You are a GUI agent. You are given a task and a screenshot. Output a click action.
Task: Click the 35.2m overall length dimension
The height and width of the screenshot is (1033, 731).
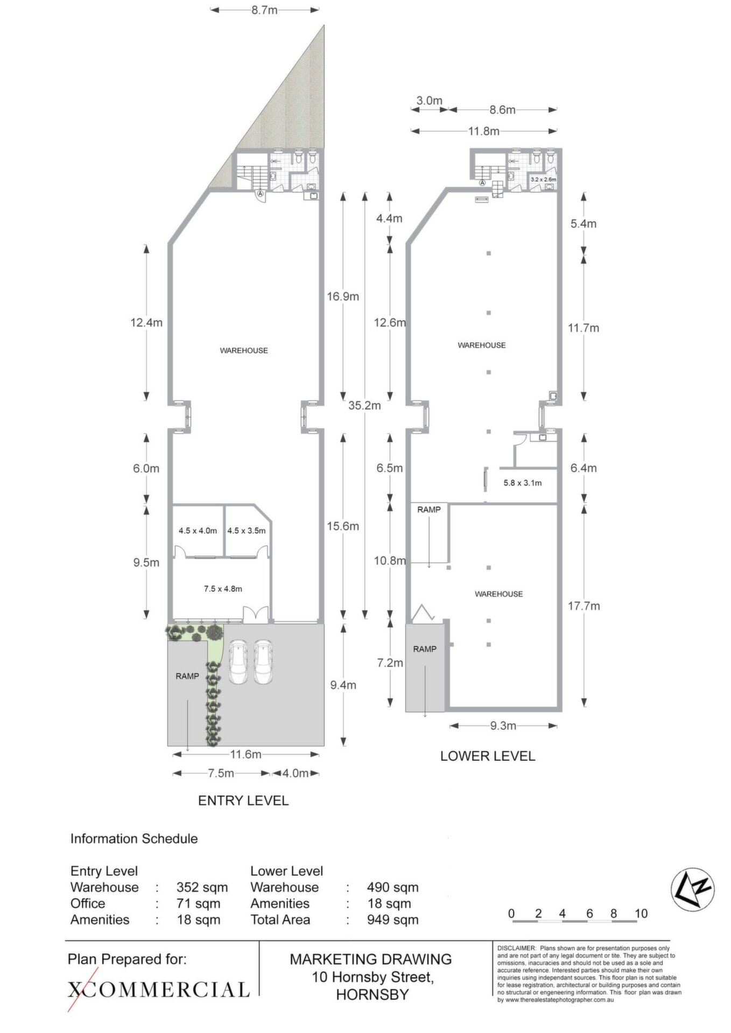(364, 405)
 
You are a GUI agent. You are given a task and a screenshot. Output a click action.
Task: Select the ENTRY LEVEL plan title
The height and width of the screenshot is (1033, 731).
(243, 800)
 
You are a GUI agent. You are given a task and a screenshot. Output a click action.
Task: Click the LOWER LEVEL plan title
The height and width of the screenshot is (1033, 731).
(488, 755)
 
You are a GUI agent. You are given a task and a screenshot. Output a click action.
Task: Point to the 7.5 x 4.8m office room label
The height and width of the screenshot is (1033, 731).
(223, 589)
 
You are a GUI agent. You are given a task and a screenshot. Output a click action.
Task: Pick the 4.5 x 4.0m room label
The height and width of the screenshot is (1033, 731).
(198, 530)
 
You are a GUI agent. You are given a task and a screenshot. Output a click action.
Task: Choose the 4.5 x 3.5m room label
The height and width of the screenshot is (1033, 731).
(246, 530)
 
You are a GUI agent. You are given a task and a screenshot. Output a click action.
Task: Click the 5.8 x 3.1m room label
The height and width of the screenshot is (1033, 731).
(522, 483)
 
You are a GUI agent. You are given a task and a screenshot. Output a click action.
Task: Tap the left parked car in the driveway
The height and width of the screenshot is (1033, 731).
(238, 662)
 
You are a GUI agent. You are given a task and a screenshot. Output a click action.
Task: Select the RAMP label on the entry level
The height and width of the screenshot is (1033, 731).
(187, 676)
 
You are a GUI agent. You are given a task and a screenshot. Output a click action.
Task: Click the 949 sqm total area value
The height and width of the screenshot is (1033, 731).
(392, 919)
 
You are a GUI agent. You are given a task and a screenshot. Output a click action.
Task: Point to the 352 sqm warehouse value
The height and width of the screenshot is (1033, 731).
(202, 887)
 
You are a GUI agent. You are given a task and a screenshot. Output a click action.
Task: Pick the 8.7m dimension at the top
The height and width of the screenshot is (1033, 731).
(264, 10)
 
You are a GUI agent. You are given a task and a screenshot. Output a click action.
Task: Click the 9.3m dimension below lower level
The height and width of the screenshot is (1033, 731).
(503, 726)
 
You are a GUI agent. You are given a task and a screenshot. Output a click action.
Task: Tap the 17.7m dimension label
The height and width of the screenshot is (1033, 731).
(584, 606)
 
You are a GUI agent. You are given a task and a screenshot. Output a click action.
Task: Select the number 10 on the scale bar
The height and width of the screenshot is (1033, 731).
(641, 913)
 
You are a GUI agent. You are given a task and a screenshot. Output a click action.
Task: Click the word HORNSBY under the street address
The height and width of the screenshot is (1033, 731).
(372, 995)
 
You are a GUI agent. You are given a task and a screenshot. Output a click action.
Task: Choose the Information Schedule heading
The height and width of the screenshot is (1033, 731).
(134, 838)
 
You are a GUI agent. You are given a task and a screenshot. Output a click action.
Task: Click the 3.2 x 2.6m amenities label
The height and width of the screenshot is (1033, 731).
(543, 179)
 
